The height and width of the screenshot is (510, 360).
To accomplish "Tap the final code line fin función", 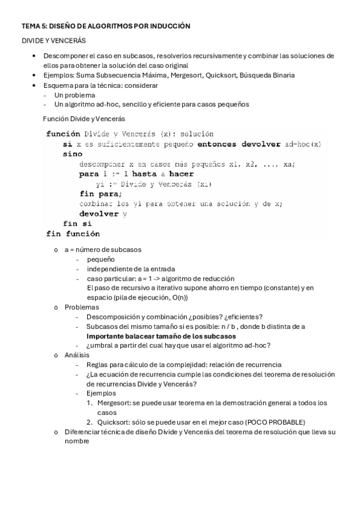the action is coord(73,233).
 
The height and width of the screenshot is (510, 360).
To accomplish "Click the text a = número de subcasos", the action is coord(102,250).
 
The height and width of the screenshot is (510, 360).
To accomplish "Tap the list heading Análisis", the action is coord(77,355).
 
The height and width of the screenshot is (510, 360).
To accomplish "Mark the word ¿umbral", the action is coord(100,345).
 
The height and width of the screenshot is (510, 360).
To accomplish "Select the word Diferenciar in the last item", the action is coord(83,431).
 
